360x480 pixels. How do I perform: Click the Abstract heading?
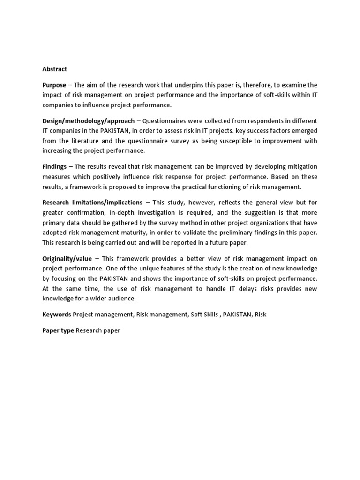point(54,69)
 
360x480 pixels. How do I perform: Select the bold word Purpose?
point(54,85)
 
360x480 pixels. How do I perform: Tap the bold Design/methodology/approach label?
point(88,120)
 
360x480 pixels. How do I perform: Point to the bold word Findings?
point(54,166)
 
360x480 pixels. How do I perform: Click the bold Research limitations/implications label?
point(92,202)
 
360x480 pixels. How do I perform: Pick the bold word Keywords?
point(57,315)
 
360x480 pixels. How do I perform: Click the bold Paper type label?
point(58,330)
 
